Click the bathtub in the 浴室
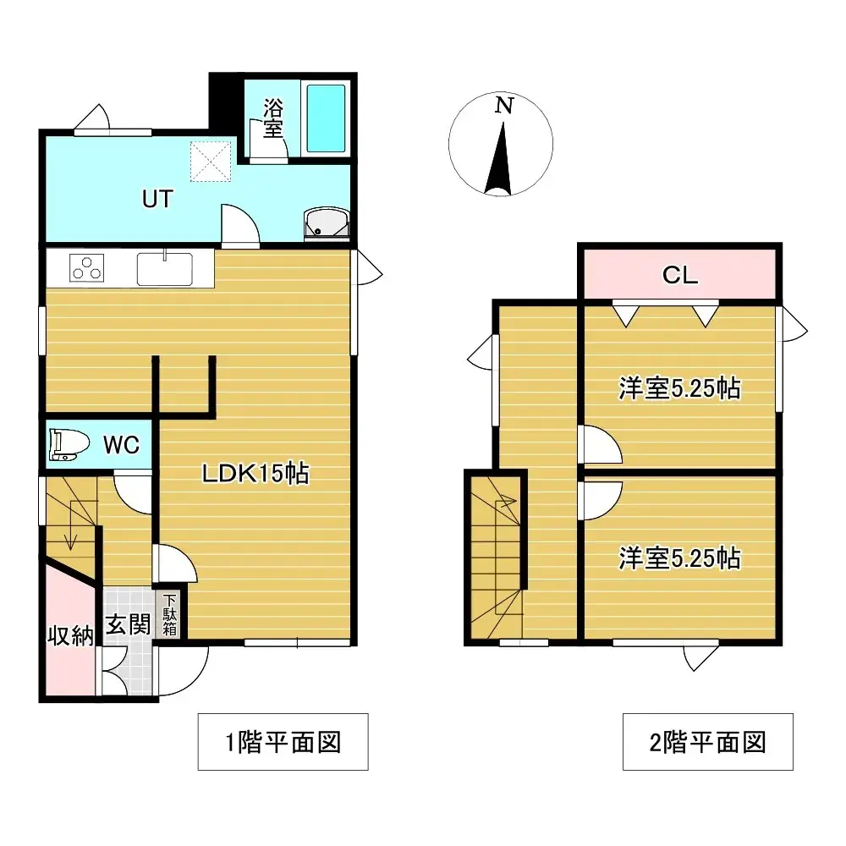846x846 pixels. point(326,118)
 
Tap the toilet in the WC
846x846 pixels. point(69,445)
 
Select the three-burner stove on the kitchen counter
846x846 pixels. point(86,268)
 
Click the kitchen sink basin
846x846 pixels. point(165,269)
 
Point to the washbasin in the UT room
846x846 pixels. point(327,223)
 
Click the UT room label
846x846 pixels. point(157,199)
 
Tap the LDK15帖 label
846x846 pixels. point(255,473)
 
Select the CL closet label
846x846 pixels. point(680,275)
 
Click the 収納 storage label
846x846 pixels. point(70,636)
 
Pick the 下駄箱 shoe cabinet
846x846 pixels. point(169,614)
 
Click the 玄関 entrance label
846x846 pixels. point(128,625)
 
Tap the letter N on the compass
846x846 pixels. point(504,105)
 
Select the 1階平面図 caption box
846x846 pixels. point(283,742)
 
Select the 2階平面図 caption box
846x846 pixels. point(708,742)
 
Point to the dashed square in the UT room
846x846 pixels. point(211,162)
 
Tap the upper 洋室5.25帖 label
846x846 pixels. point(680,388)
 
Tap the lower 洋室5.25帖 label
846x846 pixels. point(680,558)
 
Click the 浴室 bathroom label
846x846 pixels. point(273,118)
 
